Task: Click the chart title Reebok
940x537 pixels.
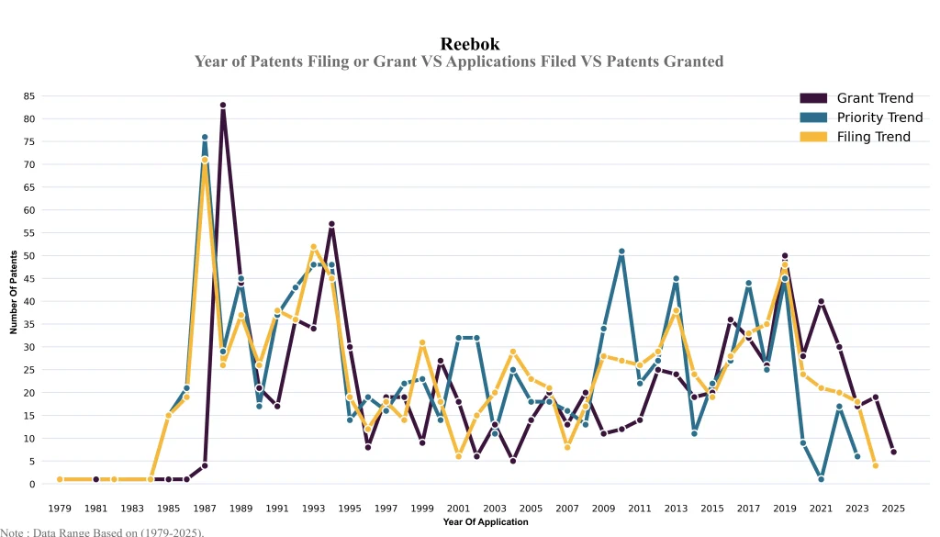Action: pos(469,43)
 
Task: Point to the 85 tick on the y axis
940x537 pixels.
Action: pos(30,95)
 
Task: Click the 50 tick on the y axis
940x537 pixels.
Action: pos(30,255)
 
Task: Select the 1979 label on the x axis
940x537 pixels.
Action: pos(60,507)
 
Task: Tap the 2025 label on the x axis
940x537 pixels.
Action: pos(894,507)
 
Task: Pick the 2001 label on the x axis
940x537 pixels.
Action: pos(459,507)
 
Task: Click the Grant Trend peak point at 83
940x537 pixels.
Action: pos(223,105)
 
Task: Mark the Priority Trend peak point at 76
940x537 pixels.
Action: pos(205,137)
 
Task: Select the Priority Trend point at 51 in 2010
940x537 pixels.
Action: pos(621,251)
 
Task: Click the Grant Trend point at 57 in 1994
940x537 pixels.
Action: pos(331,223)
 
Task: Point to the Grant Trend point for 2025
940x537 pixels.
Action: pos(894,452)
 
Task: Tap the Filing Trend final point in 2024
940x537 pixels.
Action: pos(876,465)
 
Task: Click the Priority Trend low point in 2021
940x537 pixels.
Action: pos(821,479)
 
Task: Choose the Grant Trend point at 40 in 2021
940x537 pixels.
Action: pos(821,301)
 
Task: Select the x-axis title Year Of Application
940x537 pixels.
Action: pos(485,522)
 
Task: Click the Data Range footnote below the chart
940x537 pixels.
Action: pos(102,531)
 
